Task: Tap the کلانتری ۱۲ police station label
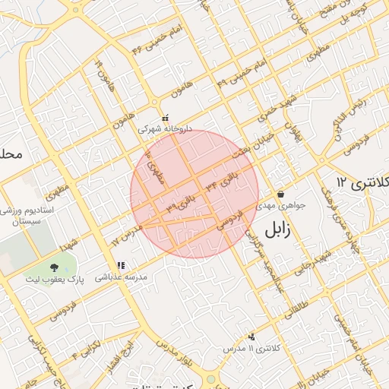[x=362, y=182]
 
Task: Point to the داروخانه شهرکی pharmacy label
[x=165, y=130]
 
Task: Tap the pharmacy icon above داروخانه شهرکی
[x=165, y=119]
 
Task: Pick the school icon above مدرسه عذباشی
[x=121, y=266]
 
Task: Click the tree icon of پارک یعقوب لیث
[x=55, y=267]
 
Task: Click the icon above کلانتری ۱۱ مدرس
[x=251, y=336]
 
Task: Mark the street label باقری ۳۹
[x=181, y=203]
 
